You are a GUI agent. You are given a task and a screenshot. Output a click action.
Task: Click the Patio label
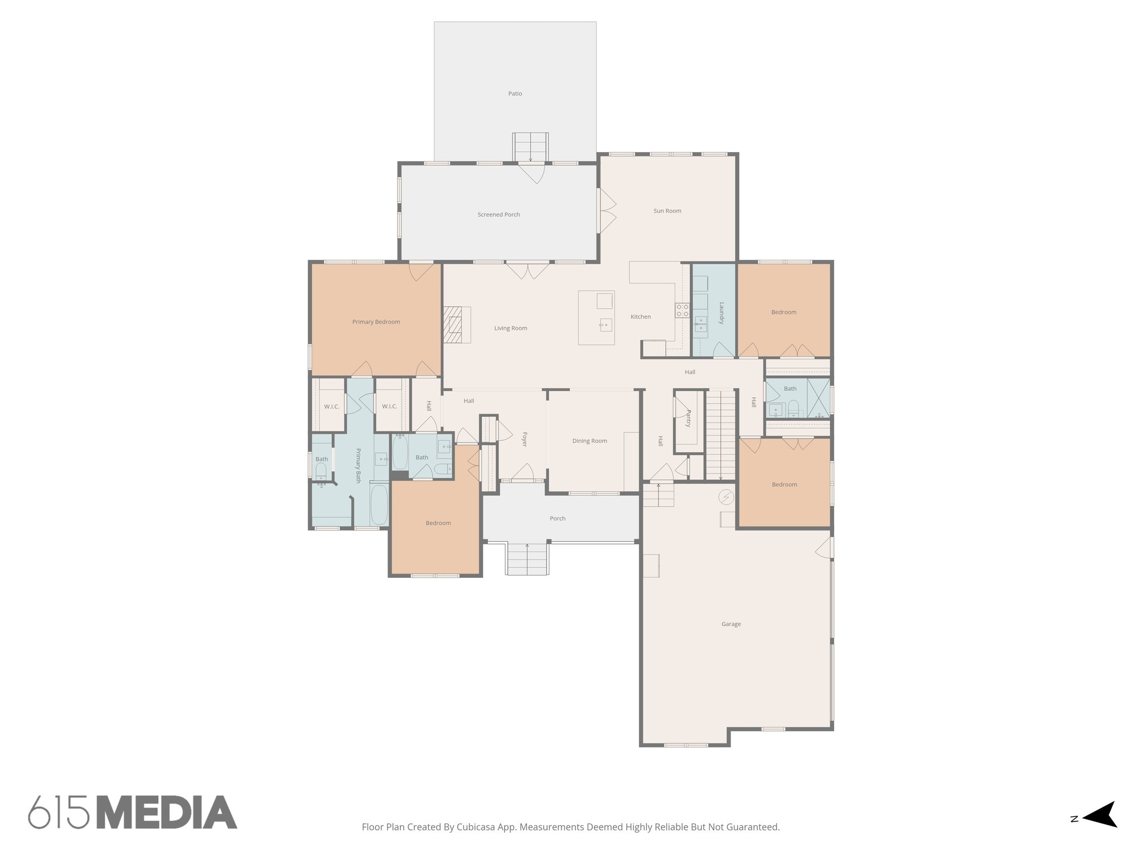515,94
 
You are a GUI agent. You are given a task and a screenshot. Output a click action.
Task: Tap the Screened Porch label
499,215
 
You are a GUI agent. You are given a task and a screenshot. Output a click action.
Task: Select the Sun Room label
667,211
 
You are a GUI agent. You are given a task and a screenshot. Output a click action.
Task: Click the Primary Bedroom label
376,322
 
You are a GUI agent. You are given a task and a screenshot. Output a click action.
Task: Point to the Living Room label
510,328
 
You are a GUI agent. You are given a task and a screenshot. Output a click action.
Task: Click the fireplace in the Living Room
457,325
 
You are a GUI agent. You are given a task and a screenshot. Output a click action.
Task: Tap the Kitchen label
640,317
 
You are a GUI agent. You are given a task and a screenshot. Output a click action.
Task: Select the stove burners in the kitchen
683,310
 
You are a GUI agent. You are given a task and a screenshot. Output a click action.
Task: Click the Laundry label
721,313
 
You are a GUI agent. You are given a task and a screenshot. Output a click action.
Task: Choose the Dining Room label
589,441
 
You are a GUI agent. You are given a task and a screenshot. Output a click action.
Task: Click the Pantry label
689,419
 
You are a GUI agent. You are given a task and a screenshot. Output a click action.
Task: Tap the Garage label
730,624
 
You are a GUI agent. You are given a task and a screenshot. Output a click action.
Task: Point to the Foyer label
524,439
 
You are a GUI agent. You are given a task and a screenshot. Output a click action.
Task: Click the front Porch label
557,518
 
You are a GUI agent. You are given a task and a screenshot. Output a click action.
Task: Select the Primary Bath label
359,465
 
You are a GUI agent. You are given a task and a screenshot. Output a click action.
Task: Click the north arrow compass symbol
1100,830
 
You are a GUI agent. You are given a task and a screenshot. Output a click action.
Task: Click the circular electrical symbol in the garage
726,496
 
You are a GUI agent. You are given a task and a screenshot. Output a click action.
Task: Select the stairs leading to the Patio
530,147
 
